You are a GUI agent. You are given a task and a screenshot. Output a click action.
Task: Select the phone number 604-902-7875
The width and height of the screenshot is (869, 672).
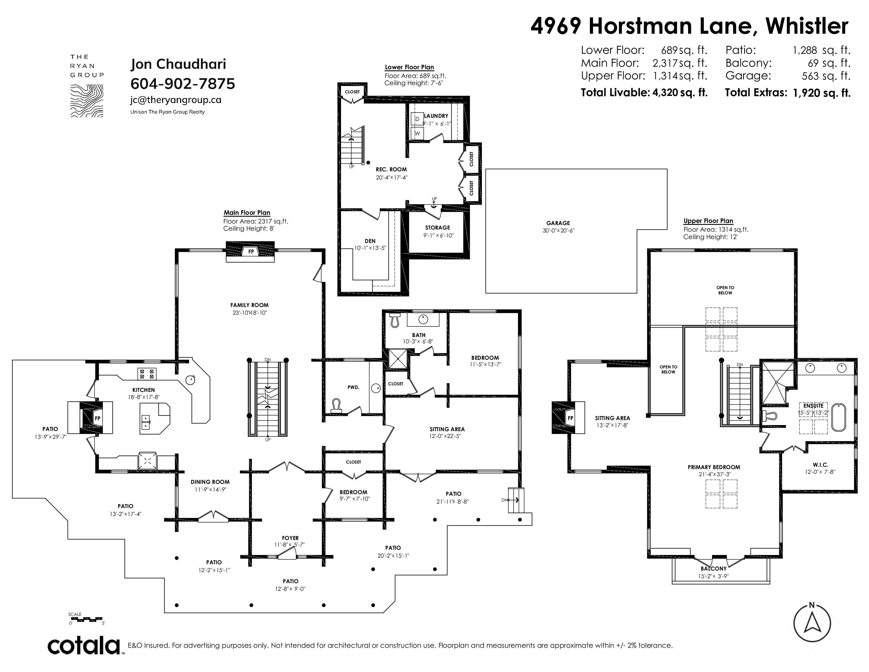(183, 84)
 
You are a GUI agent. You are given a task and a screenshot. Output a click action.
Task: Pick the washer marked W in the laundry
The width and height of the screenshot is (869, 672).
(417, 133)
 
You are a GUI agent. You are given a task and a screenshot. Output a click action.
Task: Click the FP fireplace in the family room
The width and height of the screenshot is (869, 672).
(251, 252)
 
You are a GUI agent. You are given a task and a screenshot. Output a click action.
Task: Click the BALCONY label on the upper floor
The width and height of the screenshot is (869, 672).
(713, 568)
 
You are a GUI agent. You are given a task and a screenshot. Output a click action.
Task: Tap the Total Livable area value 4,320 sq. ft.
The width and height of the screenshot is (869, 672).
(680, 93)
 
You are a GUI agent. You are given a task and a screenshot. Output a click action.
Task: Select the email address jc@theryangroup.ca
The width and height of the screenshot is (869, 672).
(176, 100)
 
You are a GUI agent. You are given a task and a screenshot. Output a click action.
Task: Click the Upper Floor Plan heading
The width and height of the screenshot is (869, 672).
(708, 221)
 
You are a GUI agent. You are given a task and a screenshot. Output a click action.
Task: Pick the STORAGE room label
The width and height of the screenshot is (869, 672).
(437, 228)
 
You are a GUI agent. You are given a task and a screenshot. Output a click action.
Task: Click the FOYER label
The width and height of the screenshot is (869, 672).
(290, 538)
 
